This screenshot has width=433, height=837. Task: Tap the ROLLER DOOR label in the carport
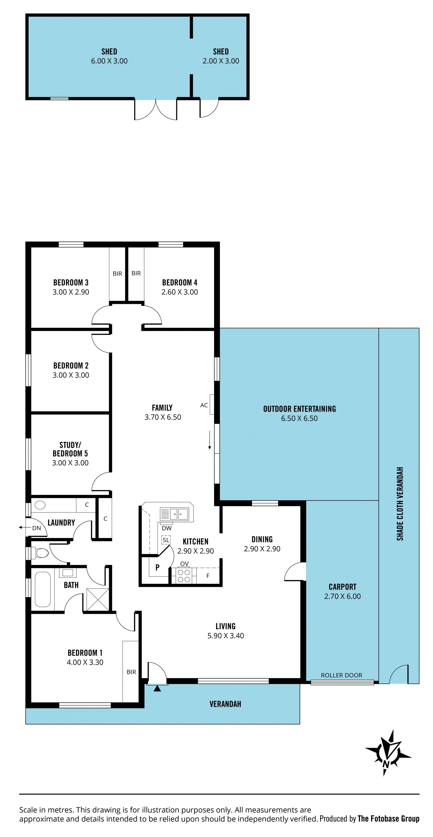coord(341,675)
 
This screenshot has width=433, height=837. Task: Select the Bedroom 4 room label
coord(180,282)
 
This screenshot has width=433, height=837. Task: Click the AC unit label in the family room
coord(204,405)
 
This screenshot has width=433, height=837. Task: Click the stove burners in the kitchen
coord(184,575)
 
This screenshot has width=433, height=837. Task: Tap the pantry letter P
coord(157,567)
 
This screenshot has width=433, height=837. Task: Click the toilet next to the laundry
coord(40,552)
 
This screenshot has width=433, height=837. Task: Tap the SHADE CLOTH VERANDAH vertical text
coord(400,504)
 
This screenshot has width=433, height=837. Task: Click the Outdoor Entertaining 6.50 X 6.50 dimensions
coord(299,418)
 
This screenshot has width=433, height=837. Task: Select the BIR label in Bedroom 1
coord(131,672)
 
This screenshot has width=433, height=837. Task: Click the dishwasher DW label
coord(166,528)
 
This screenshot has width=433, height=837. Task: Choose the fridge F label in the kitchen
coord(208,576)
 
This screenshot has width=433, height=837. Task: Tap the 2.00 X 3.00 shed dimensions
coord(221,61)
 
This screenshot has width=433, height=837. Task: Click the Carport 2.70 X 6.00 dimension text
coord(342,596)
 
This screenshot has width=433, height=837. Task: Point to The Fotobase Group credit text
coord(389,819)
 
